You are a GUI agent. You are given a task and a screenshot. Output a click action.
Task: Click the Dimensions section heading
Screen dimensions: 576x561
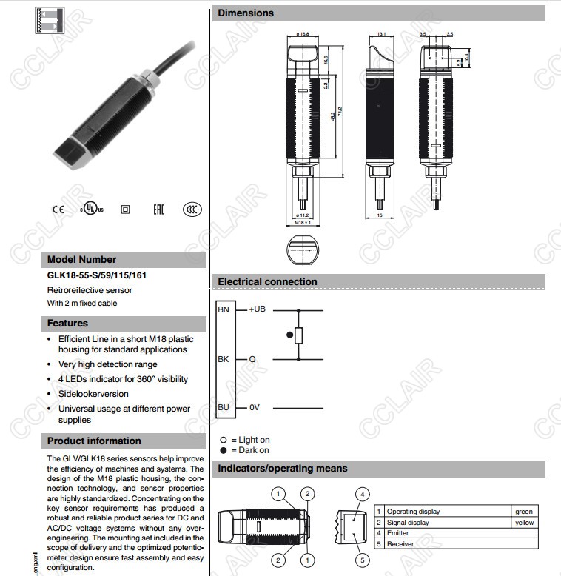click(x=246, y=13)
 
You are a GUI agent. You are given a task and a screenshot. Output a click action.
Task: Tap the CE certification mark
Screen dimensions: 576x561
click(x=58, y=210)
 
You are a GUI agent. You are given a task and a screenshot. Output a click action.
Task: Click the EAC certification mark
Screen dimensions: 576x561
click(x=158, y=210)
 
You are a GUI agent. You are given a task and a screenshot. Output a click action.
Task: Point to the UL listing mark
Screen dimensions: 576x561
click(x=92, y=210)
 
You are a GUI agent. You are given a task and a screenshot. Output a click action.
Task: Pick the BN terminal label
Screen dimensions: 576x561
click(x=224, y=309)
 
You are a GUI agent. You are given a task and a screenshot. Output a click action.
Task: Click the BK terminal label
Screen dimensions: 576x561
click(x=224, y=359)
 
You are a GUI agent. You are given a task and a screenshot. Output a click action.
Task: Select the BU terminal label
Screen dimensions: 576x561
click(x=224, y=407)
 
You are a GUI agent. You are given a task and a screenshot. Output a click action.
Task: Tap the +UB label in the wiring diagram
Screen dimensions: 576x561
click(x=256, y=309)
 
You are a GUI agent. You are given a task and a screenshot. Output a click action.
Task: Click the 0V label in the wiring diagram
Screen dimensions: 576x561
click(x=254, y=407)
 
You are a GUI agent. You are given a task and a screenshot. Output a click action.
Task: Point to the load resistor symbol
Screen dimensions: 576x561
click(x=299, y=335)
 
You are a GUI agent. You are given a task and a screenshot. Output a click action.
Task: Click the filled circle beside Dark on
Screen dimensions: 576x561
click(x=223, y=450)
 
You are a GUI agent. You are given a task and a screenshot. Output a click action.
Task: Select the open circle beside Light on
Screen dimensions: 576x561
click(x=223, y=440)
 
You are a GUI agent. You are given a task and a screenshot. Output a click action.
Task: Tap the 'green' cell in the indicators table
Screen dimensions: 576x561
click(x=523, y=512)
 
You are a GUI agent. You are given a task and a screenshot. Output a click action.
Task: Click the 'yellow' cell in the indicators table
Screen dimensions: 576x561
click(x=523, y=523)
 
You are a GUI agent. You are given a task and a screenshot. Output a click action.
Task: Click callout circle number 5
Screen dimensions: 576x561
click(x=362, y=560)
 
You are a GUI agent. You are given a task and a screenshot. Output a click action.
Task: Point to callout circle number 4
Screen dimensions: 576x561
click(x=362, y=494)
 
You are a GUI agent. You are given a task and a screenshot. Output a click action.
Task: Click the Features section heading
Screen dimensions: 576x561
click(x=67, y=324)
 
